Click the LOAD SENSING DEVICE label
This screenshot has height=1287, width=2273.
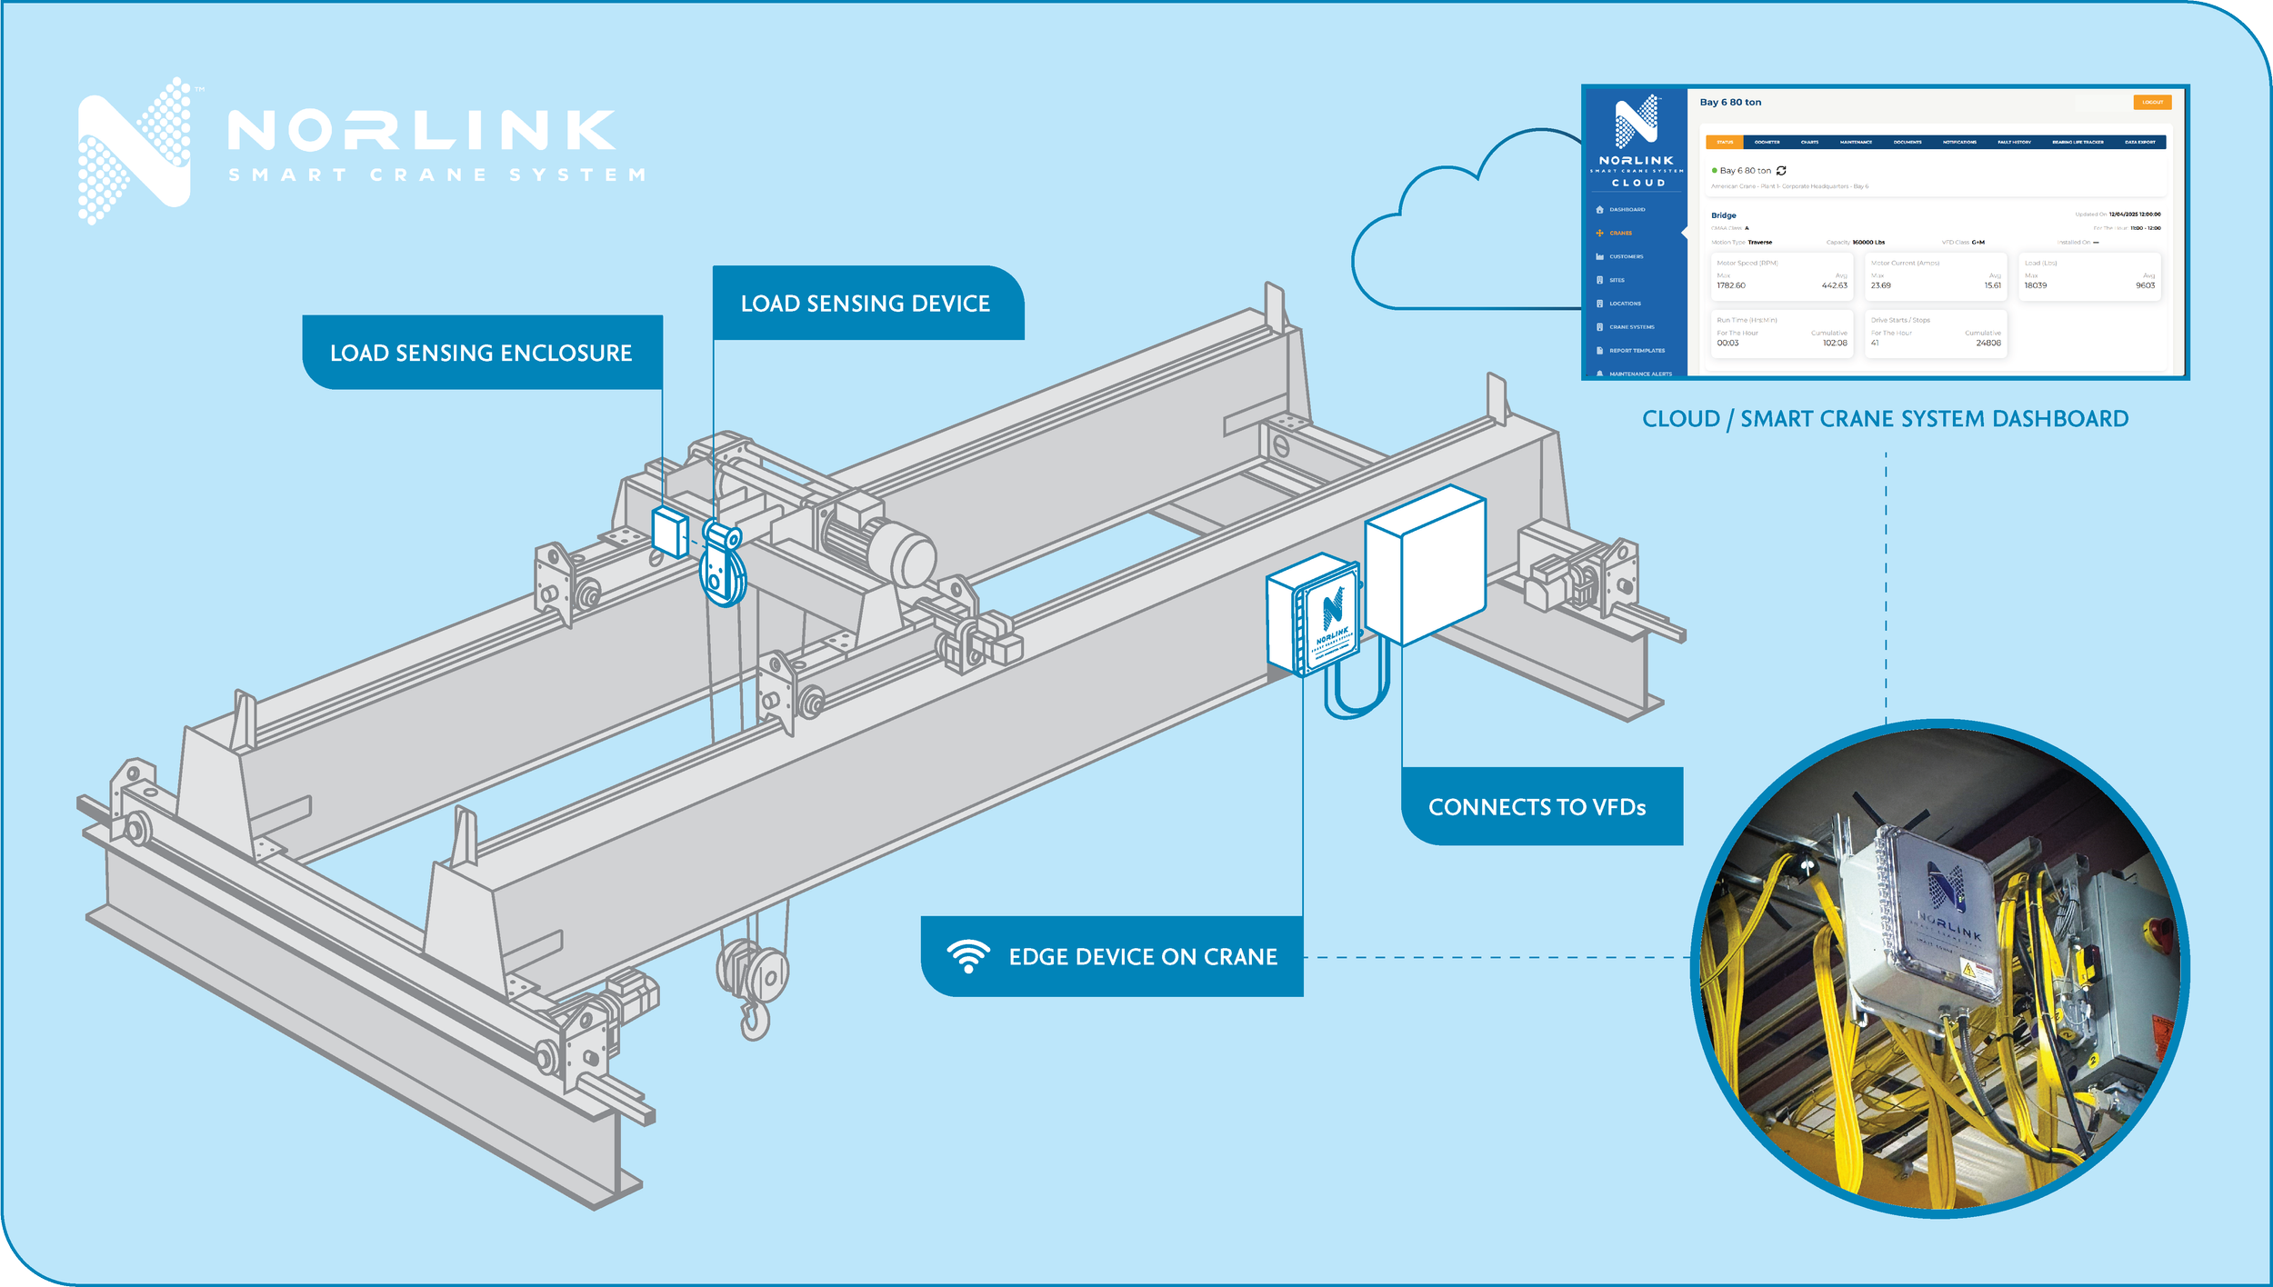[x=866, y=304]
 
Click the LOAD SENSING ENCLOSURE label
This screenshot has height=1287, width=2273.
[x=481, y=353]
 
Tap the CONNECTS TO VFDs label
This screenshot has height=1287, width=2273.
[x=1537, y=807]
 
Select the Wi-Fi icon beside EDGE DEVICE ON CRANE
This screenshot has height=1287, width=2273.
[x=967, y=956]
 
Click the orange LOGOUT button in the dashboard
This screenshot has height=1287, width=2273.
[x=2152, y=103]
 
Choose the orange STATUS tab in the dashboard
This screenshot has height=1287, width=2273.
[x=1725, y=143]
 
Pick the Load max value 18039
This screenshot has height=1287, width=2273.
[x=2035, y=285]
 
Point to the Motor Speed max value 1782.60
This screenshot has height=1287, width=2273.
[x=1730, y=285]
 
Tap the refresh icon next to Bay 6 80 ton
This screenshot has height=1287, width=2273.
[x=1781, y=171]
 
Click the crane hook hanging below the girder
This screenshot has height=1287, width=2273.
[x=754, y=1018]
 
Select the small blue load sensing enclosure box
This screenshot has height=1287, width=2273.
[x=670, y=532]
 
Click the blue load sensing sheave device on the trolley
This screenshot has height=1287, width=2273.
[x=723, y=568]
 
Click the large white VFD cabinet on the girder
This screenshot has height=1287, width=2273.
[x=1425, y=564]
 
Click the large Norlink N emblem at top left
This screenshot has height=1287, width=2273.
[x=136, y=150]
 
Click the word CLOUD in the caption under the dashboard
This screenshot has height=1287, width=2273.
[x=1680, y=419]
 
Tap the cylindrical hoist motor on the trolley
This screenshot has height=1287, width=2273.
[x=877, y=545]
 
